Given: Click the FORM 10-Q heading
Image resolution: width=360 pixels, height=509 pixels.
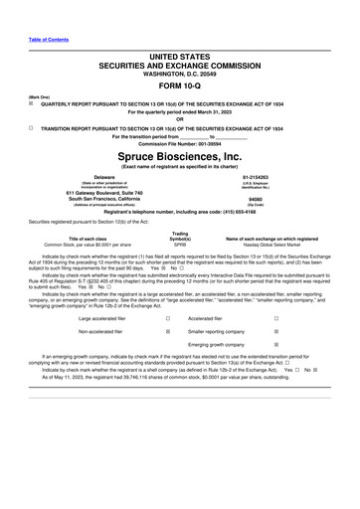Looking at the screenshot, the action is tap(180, 84).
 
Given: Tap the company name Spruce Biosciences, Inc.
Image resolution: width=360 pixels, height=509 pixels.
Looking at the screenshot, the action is tap(180, 157).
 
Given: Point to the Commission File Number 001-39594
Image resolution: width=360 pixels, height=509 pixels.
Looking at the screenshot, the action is tap(180, 144).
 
